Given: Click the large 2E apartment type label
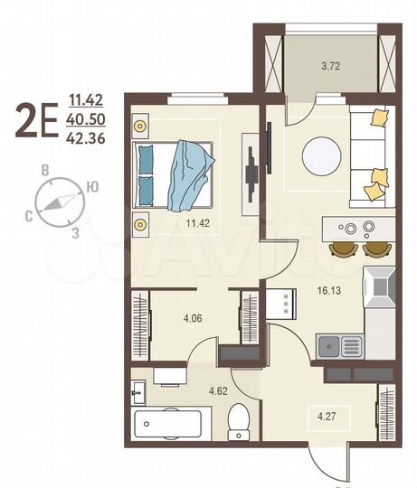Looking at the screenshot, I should pyautogui.click(x=37, y=120).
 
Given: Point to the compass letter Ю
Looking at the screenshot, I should pyautogui.click(x=91, y=187).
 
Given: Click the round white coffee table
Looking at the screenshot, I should pyautogui.click(x=322, y=155).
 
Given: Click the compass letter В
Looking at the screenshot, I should pyautogui.click(x=43, y=169).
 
